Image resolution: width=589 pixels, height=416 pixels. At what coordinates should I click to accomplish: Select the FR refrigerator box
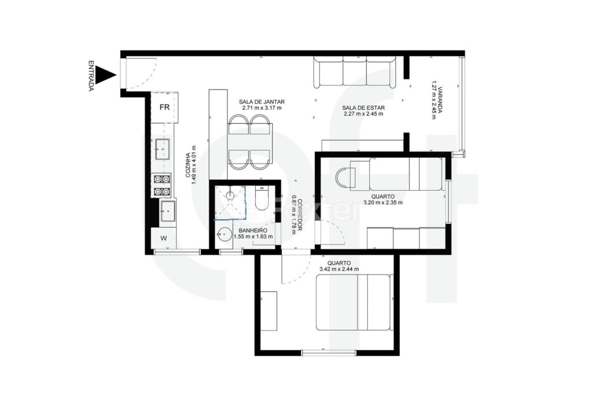pos(164,107)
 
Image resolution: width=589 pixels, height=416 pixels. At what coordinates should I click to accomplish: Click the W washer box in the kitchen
pos(164,237)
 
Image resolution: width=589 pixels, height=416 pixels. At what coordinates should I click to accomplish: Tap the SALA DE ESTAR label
pos(363,107)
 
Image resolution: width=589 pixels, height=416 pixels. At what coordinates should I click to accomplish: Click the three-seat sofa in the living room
pos(355,72)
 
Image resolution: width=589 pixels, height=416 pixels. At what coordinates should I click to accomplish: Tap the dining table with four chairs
pos(249,142)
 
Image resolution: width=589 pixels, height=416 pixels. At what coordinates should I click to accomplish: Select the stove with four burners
pos(161,185)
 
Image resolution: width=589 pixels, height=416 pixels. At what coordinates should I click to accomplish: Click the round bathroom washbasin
pos(224,235)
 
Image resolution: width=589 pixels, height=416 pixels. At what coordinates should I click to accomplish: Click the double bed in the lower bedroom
pos(354,302)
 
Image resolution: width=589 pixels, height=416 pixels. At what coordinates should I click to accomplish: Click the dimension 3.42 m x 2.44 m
pos(339,269)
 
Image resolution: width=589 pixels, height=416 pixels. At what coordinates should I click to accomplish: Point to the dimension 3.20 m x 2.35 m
pos(382,203)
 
